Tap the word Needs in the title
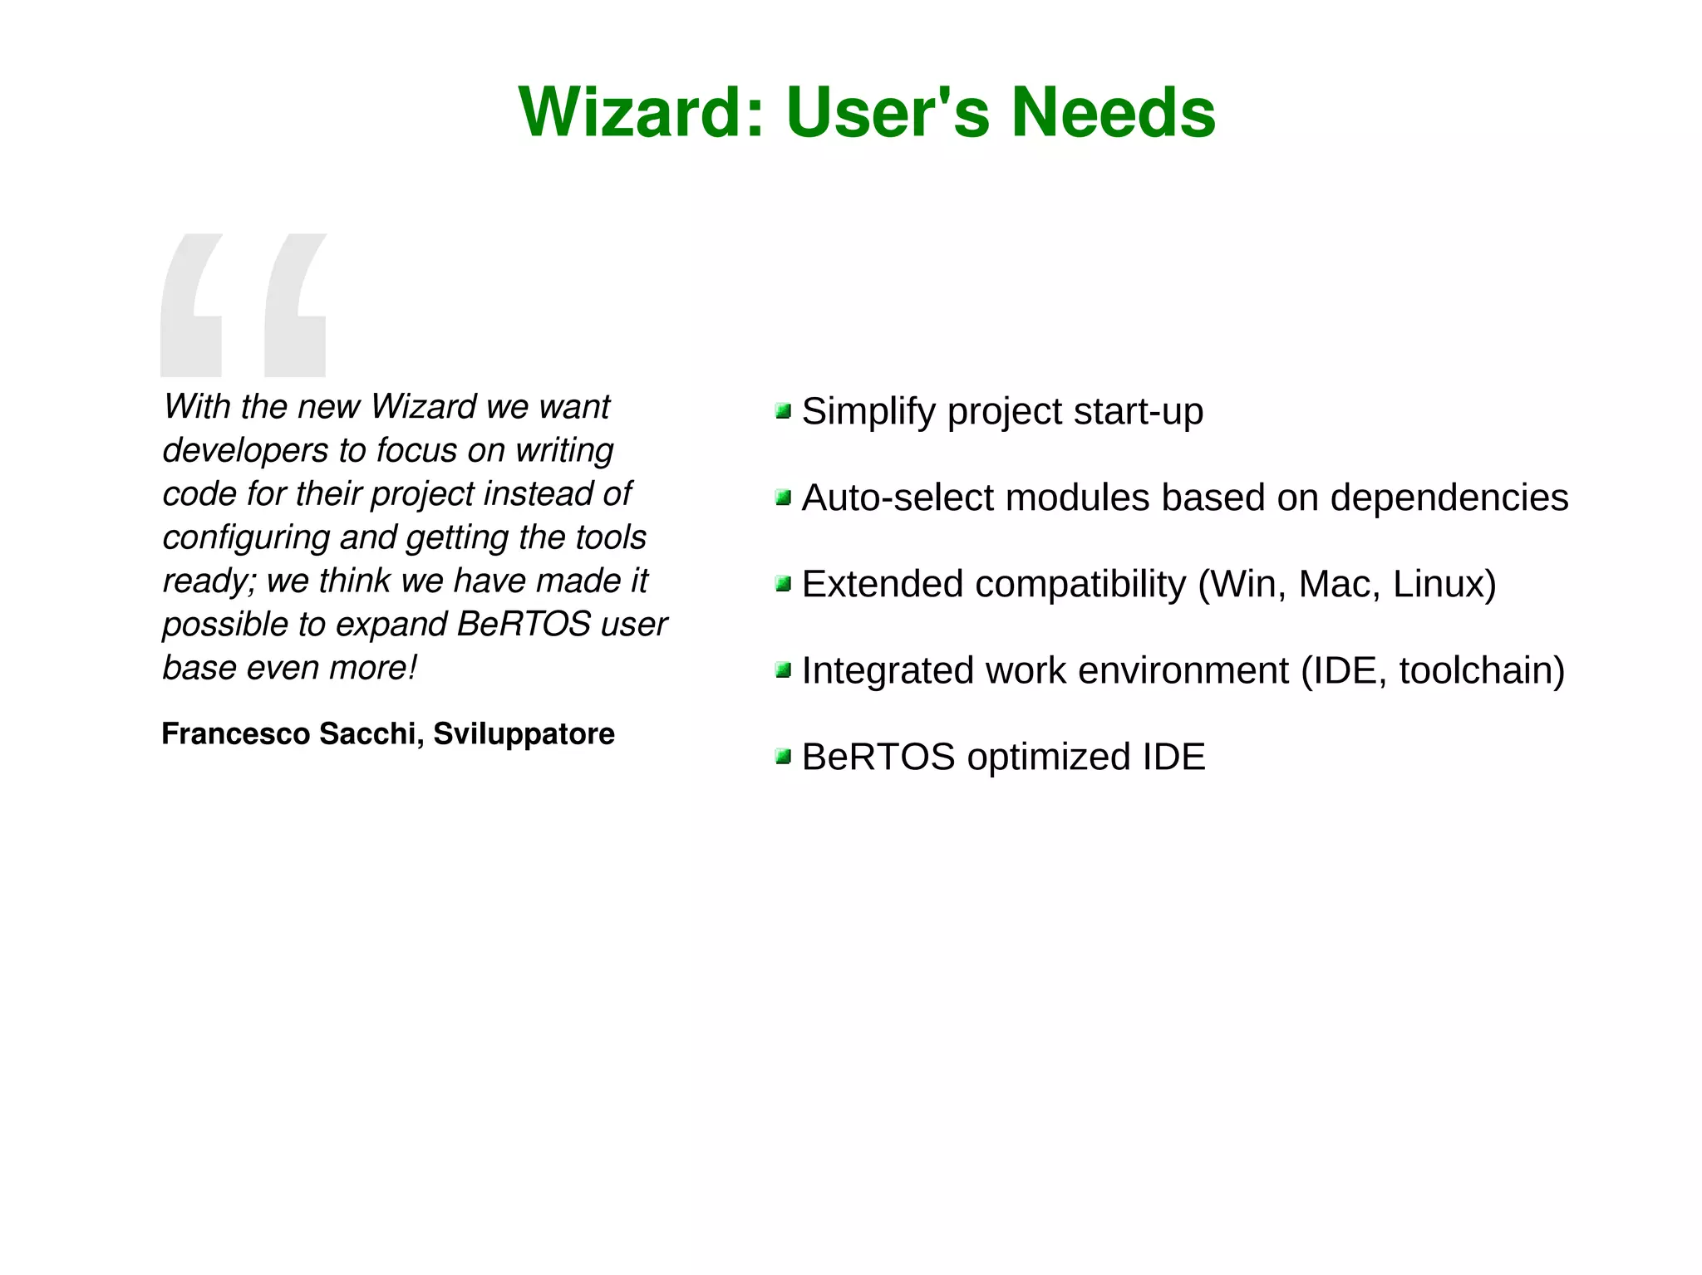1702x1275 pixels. click(x=1113, y=112)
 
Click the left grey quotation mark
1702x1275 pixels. click(x=191, y=306)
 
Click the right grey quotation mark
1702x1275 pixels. click(x=295, y=306)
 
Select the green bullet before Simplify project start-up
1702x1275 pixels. click(x=782, y=411)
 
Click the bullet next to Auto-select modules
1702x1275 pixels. click(x=782, y=498)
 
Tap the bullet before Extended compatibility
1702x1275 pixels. click(x=782, y=584)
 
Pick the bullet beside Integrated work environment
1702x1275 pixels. click(x=782, y=670)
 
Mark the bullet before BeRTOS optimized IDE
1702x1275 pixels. click(x=782, y=757)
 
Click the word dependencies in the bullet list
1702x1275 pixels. click(x=1449, y=498)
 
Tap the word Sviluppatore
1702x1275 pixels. click(x=524, y=733)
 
